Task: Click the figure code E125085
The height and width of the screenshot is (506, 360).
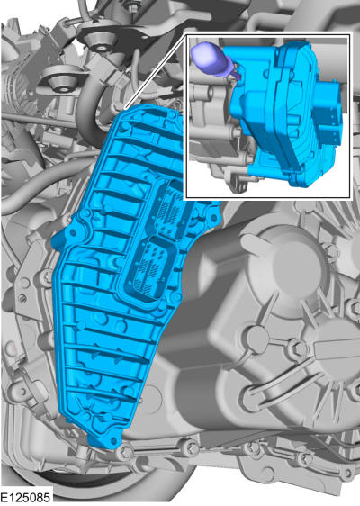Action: (25, 497)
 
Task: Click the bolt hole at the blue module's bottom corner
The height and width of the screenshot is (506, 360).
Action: (112, 440)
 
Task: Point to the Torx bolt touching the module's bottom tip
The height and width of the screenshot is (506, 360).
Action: (127, 449)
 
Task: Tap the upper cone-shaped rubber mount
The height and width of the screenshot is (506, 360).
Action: (101, 42)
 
